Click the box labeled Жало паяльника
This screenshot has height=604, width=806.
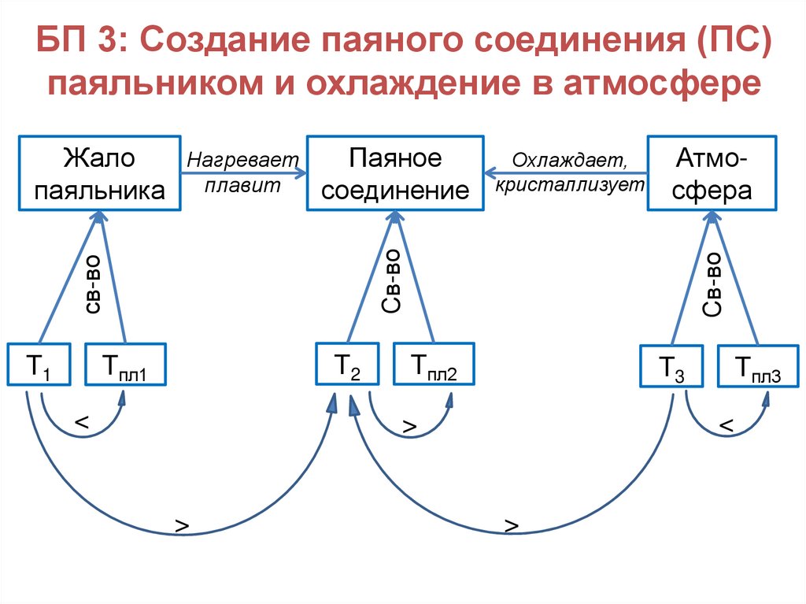point(100,174)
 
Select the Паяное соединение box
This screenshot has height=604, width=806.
point(396,174)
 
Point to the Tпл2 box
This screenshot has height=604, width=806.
point(434,364)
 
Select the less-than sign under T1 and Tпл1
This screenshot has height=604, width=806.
point(81,424)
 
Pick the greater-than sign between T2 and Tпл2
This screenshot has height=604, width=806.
point(409,426)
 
